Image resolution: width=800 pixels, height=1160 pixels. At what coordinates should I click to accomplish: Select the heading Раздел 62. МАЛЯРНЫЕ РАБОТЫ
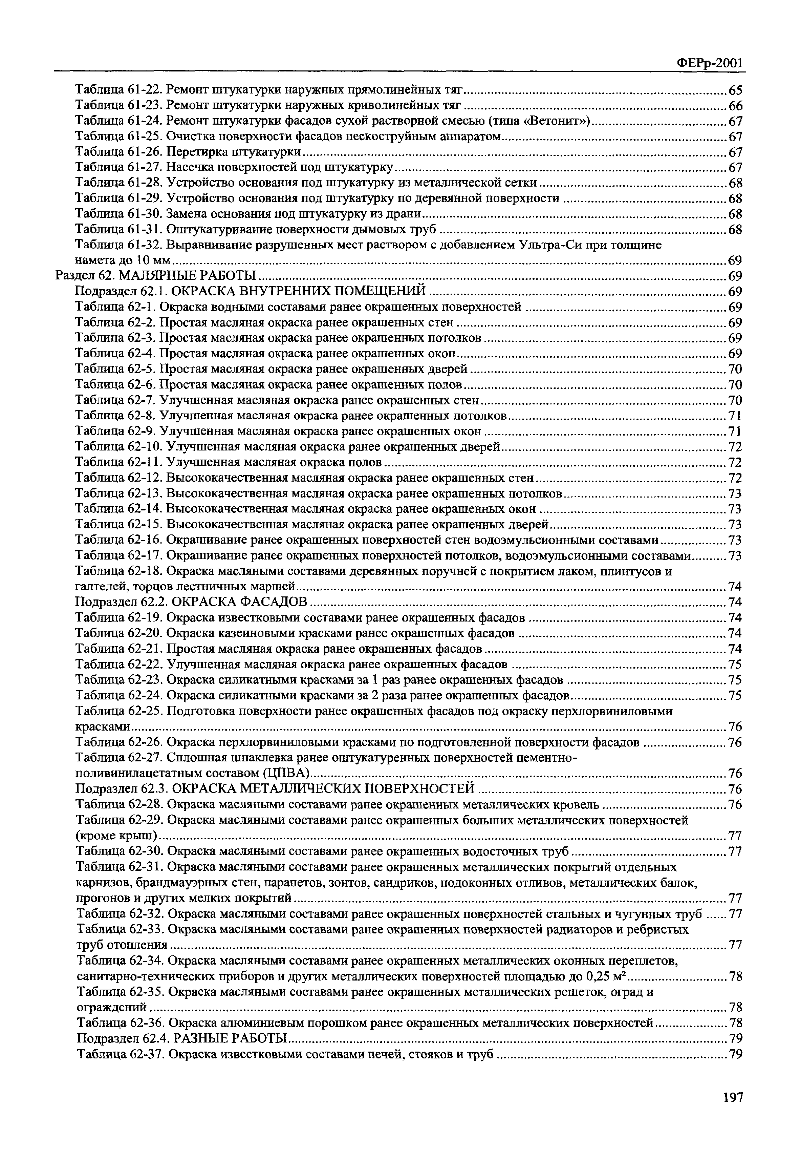155,275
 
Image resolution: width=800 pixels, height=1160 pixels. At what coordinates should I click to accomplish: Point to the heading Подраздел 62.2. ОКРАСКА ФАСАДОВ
191,601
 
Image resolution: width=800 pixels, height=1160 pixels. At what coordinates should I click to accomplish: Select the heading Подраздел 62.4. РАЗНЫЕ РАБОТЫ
181,1038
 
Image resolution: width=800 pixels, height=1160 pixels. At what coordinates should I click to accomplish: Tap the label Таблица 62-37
119,1054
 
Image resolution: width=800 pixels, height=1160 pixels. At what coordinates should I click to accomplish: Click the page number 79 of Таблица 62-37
735,1054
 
